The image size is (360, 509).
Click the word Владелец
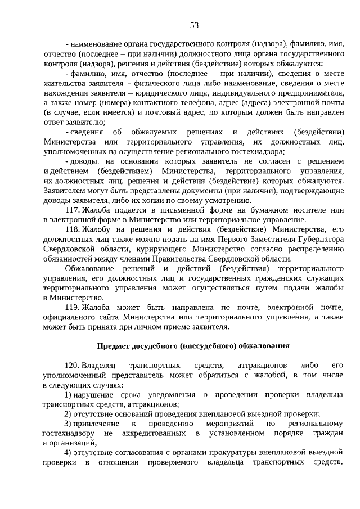(x=99, y=366)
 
